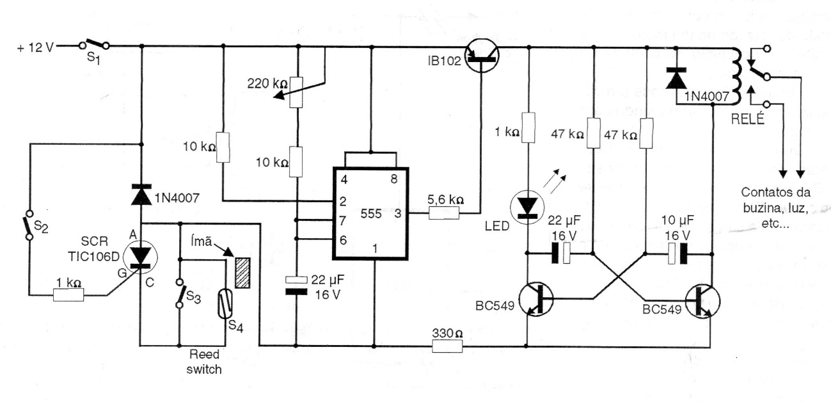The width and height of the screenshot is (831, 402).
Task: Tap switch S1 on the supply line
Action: click(x=95, y=45)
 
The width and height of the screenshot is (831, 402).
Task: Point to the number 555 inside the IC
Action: click(x=370, y=213)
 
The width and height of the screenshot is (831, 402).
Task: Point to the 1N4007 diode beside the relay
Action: click(x=674, y=78)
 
